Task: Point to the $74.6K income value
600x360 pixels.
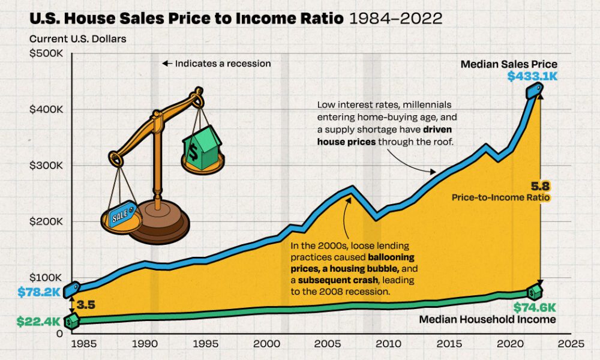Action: pos(535,308)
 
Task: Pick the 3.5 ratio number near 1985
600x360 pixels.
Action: pos(86,305)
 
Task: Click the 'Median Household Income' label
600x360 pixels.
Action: pos(487,320)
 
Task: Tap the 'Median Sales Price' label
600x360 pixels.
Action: pos(509,64)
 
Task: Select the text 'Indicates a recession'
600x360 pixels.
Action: pos(223,63)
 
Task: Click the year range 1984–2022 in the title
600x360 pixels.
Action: pos(395,19)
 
